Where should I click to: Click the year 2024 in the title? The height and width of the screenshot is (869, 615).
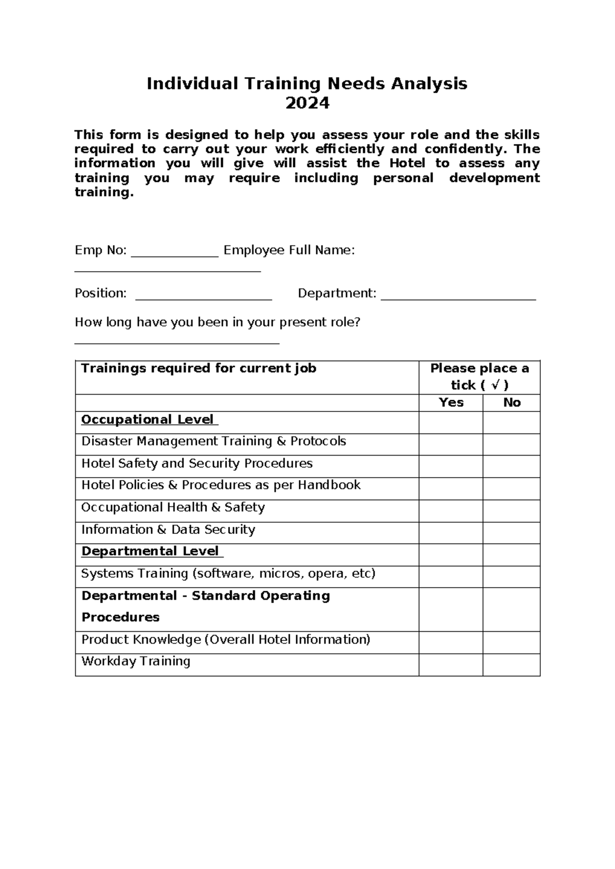click(x=307, y=104)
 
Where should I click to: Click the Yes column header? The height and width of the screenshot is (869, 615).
click(x=451, y=403)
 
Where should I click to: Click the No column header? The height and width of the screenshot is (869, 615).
click(x=511, y=403)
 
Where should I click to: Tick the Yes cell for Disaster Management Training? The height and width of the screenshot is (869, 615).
click(x=451, y=445)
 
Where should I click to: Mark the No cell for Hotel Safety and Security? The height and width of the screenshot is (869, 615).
click(x=511, y=467)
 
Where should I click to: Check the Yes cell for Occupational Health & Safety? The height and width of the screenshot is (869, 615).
click(x=451, y=511)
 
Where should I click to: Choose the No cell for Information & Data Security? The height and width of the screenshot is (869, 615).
click(x=511, y=533)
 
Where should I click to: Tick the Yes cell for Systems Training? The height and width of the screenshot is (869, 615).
click(x=451, y=577)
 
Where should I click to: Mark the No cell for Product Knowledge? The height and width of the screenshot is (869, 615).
click(x=511, y=643)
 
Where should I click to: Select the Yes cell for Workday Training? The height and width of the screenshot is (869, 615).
click(x=451, y=665)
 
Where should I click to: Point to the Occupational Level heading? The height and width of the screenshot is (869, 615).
click(x=148, y=420)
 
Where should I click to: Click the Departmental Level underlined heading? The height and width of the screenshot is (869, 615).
click(x=150, y=551)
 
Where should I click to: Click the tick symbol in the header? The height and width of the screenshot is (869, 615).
click(x=495, y=385)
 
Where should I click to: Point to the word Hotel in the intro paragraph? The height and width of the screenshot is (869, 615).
click(x=407, y=163)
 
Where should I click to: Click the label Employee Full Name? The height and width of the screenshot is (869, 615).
click(x=289, y=251)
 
